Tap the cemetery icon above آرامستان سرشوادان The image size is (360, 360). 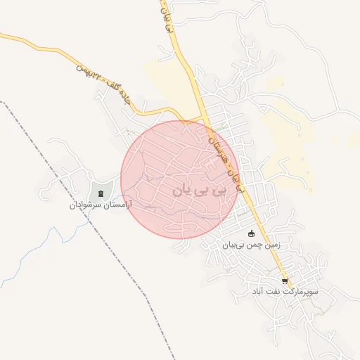[101, 193]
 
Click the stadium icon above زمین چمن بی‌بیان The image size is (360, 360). [252, 233]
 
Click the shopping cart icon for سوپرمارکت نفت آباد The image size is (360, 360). [284, 281]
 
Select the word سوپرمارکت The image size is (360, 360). [302, 291]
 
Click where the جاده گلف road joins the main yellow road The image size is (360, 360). [203, 115]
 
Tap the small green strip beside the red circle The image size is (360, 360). [223, 126]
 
